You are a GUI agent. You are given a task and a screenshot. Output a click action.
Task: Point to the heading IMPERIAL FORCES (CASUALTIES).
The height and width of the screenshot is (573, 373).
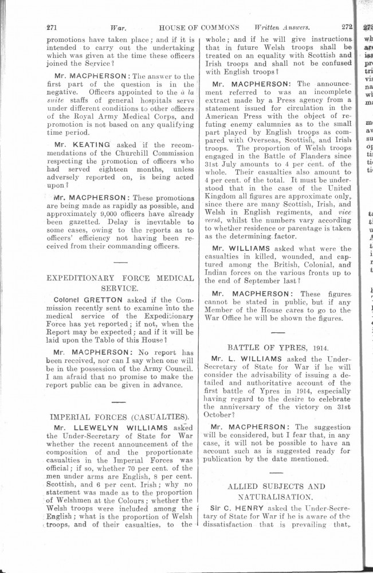[x=120, y=416]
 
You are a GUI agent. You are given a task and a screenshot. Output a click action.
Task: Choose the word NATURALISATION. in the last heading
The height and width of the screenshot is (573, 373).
[x=278, y=497]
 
